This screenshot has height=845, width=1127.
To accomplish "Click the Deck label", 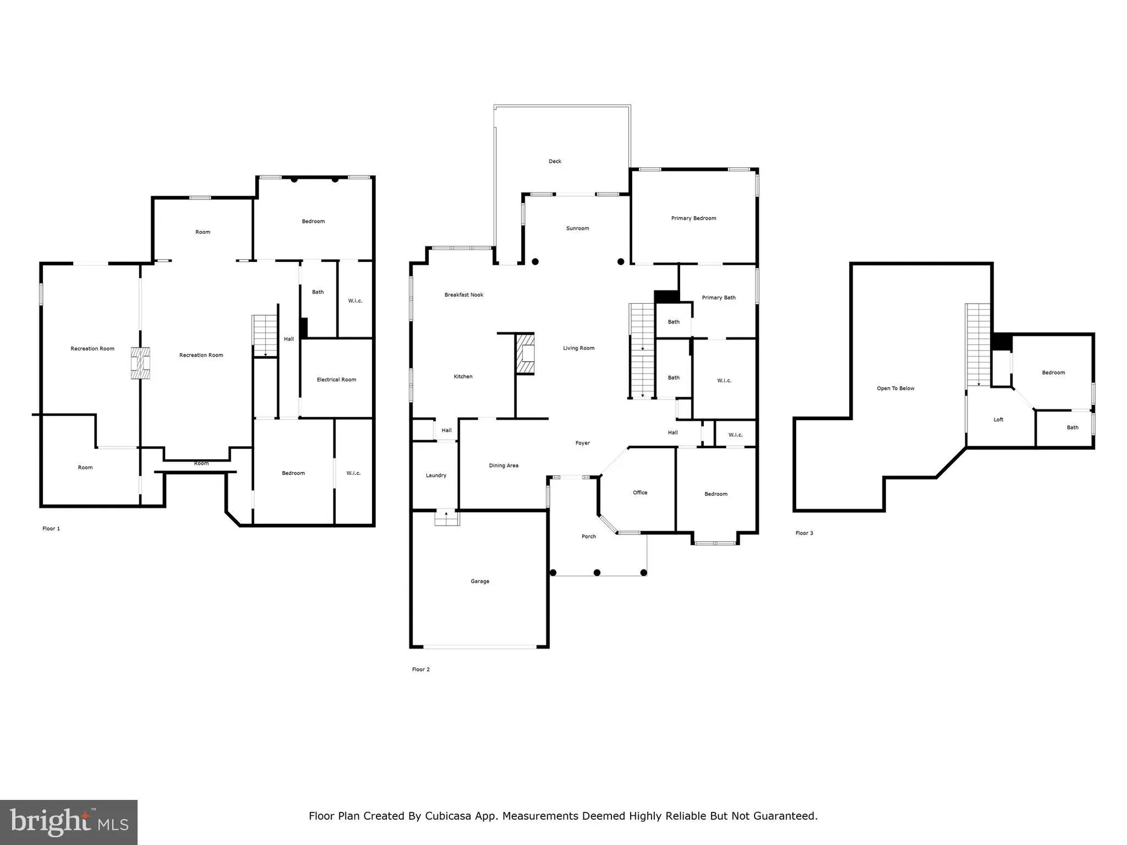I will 555,161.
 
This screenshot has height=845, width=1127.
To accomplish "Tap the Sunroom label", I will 578,228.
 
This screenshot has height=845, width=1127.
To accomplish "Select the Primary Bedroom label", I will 694,218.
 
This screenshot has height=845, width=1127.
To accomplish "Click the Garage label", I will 480,581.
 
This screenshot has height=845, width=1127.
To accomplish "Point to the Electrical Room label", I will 336,379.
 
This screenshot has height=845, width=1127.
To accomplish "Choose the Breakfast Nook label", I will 464,295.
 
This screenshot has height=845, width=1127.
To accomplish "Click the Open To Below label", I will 895,388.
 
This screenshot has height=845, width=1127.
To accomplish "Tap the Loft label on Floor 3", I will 999,419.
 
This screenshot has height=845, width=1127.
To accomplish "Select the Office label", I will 640,492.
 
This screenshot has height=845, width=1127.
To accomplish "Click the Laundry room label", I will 436,475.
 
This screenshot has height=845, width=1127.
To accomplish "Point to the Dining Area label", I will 504,465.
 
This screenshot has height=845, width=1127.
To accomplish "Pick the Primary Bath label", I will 718,297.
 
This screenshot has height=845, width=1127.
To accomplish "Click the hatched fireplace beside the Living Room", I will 526,354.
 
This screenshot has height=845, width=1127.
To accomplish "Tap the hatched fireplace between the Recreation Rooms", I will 140,363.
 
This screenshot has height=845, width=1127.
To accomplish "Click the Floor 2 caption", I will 421,669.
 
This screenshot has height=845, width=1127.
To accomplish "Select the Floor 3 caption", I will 804,533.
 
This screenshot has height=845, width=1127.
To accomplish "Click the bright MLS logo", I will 69,822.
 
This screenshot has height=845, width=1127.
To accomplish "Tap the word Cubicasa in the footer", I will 448,816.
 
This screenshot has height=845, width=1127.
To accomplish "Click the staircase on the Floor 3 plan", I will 978,345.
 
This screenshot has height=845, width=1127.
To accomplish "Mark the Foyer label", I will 583,443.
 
